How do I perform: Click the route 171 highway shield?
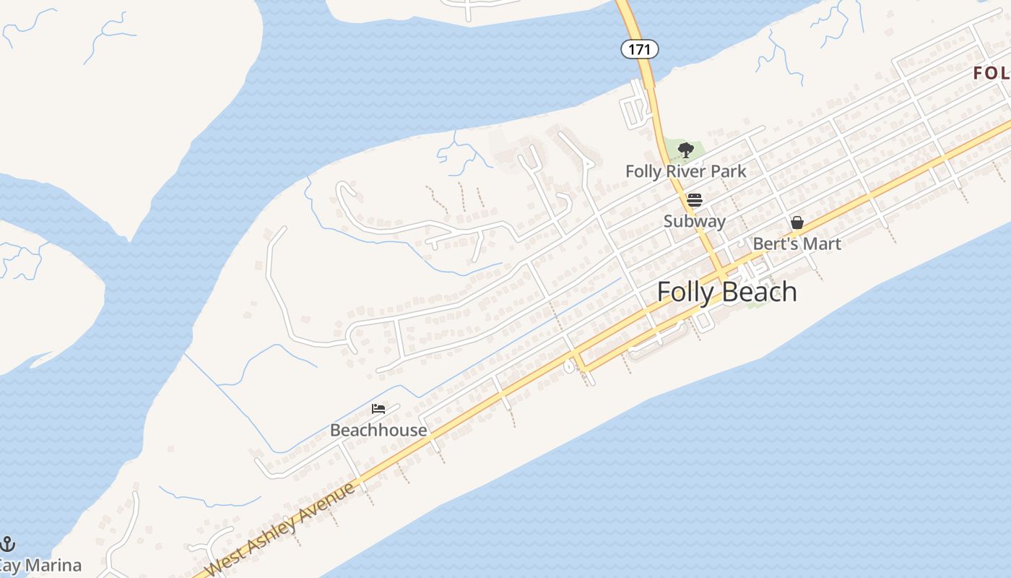click(x=639, y=49)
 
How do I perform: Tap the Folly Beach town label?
click(x=727, y=292)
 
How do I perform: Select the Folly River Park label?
click(x=685, y=172)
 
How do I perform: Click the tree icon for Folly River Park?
click(x=685, y=150)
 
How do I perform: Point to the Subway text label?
click(x=694, y=221)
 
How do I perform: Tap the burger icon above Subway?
click(x=694, y=200)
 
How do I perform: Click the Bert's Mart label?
click(x=797, y=244)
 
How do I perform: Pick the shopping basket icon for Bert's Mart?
click(x=797, y=223)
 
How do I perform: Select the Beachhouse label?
click(x=378, y=431)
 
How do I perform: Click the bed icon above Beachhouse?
click(x=378, y=409)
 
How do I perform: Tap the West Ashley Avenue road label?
click(x=280, y=530)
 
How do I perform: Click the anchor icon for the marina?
click(x=7, y=544)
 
